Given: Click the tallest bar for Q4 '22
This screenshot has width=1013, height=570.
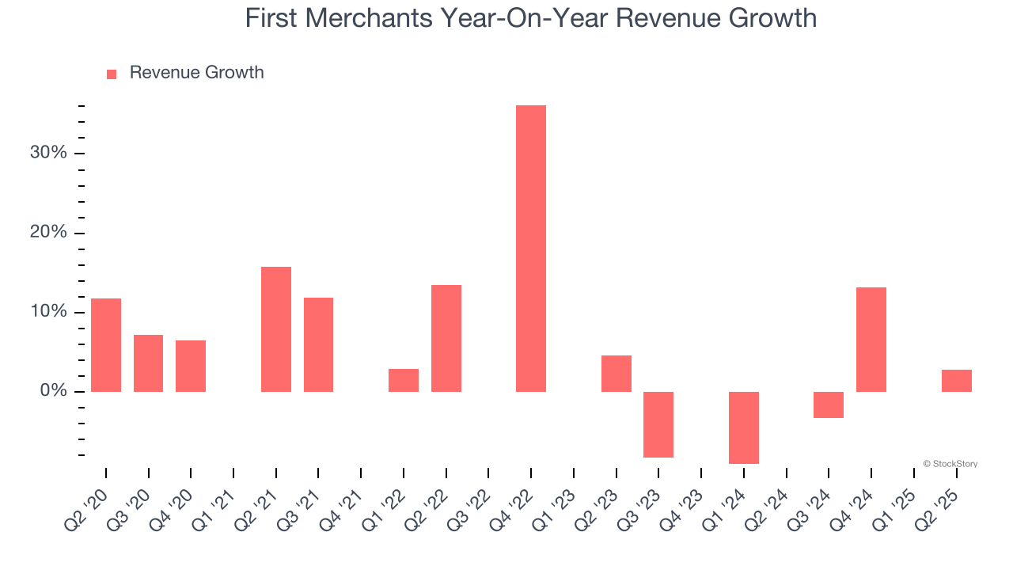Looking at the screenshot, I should pos(530,249).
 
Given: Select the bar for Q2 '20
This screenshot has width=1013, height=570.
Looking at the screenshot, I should pos(106,345).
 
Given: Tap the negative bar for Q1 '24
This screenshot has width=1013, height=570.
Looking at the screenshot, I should pos(743,427).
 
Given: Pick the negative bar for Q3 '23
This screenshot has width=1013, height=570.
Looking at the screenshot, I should pos(658,424).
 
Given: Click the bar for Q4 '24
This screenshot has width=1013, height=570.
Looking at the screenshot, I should pos(871,340).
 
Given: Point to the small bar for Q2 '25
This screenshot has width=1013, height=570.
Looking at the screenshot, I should pos(956,381).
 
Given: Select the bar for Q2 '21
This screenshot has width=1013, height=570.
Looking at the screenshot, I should pos(276,329).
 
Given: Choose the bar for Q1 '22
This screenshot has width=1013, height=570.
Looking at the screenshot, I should pos(404,380).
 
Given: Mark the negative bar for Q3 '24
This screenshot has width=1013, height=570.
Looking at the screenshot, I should pos(828,405).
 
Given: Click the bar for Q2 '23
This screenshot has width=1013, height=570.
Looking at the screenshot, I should pos(616,374).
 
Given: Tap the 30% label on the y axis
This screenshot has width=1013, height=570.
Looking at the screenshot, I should pos(48,153).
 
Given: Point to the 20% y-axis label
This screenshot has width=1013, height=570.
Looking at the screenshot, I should pos(48,233).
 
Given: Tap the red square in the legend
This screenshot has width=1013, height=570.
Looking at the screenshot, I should pos(112,74).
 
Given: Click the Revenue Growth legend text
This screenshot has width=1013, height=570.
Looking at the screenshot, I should pos(196,73).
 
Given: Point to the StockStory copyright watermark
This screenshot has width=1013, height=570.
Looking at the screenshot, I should pos(950,464).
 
